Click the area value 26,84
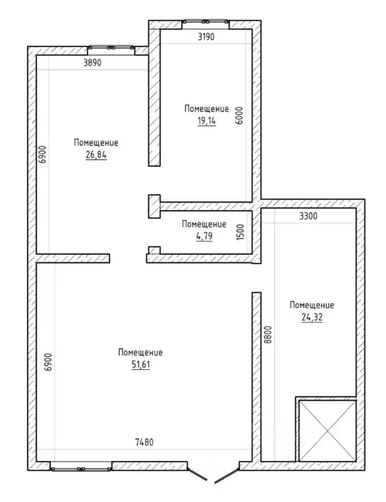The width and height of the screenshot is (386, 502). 96,155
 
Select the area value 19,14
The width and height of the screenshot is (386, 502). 207,121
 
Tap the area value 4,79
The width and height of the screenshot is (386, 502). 204,236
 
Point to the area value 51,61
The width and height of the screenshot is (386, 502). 141,365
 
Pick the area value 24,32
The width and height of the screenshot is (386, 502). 312,317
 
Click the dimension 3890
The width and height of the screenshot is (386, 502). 92,62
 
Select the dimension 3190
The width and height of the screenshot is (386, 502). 206,37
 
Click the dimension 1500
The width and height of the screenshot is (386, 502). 241,232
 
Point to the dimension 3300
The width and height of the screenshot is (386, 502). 309,216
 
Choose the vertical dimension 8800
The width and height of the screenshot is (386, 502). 268,334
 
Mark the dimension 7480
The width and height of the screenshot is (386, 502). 144,442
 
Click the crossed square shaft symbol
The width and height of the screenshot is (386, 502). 327,431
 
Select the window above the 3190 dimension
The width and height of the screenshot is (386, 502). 206,22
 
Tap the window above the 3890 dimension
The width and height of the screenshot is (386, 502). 111,47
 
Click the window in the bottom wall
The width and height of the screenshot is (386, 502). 81,469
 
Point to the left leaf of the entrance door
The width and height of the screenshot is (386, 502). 197,475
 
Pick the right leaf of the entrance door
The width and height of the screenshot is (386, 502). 227,476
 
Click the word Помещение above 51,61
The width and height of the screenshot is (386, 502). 140,352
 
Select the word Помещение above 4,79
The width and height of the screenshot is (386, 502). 204,224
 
